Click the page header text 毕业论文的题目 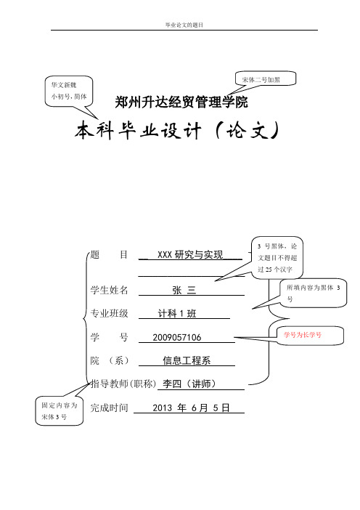pyautogui.click(x=184, y=25)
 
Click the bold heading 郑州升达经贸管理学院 pyautogui.click(x=181, y=102)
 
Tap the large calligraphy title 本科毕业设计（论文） pyautogui.click(x=177, y=131)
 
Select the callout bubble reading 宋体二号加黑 pyautogui.click(x=266, y=79)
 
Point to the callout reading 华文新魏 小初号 pyautogui.click(x=69, y=91)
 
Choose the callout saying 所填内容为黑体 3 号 pyautogui.click(x=314, y=293)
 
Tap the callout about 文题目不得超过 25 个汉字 pyautogui.click(x=277, y=258)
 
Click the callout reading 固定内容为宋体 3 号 pyautogui.click(x=59, y=410)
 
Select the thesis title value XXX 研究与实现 pyautogui.click(x=190, y=254)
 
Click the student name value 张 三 pyautogui.click(x=184, y=290)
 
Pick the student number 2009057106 pyautogui.click(x=177, y=337)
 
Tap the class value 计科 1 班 pyautogui.click(x=177, y=314)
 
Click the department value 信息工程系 pyautogui.click(x=187, y=360)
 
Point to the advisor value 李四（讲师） pyautogui.click(x=189, y=384)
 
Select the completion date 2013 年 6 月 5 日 pyautogui.click(x=191, y=408)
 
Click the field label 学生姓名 pyautogui.click(x=109, y=290)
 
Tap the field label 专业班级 pyautogui.click(x=109, y=314)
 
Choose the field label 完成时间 pyautogui.click(x=109, y=408)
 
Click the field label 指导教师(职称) pyautogui.click(x=123, y=384)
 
